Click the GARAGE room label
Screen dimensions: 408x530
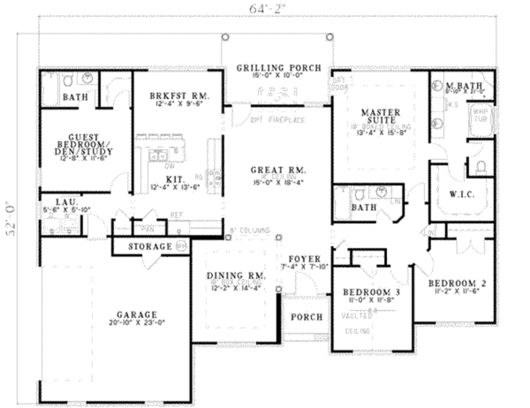tap(137, 314)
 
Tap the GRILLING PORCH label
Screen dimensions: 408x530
tap(279, 68)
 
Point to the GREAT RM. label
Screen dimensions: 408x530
tap(278, 170)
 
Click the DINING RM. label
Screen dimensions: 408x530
tap(237, 275)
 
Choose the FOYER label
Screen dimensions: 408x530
tap(304, 259)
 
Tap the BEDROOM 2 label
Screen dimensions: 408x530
tap(457, 283)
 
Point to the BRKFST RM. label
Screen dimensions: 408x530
tap(179, 96)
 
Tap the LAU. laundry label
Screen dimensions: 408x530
tap(67, 201)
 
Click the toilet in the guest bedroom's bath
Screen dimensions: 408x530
tap(67, 80)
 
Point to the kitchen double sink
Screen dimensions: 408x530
tap(156, 156)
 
